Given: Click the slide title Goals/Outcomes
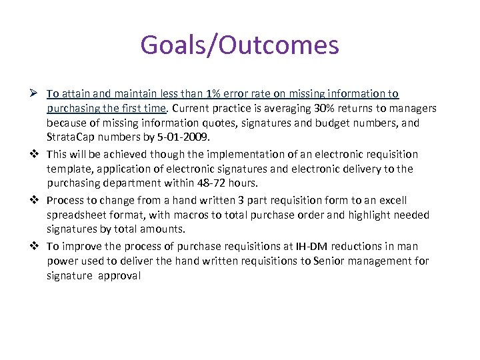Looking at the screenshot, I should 239,45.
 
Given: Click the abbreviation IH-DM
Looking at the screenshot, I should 314,246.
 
